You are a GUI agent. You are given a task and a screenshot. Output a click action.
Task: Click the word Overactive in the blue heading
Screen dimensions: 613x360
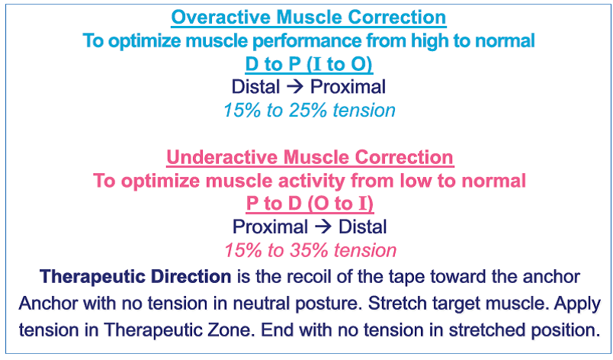221,18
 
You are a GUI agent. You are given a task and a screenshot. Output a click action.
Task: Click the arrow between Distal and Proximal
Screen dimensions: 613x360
295,87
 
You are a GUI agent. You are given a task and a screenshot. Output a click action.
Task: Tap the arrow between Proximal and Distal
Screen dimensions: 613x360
323,227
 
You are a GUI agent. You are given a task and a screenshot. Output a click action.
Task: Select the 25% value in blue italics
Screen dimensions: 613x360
308,111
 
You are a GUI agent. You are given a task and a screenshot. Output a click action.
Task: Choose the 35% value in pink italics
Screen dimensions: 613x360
309,250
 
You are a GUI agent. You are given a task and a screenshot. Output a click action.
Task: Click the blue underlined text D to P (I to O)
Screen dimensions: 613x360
309,65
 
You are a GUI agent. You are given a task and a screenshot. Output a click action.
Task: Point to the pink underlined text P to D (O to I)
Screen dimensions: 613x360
310,204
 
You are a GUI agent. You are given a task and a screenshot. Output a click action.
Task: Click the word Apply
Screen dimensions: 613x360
577,304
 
